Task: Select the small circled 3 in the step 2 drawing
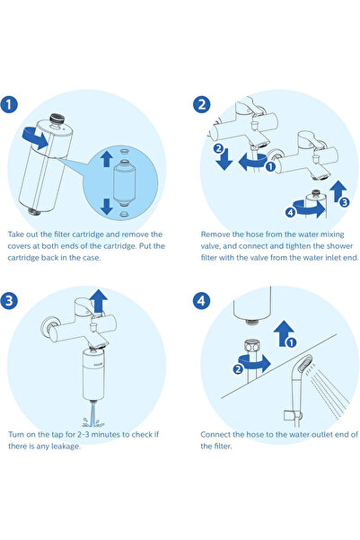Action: coord(344,204)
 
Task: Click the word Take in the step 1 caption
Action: coord(17,231)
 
